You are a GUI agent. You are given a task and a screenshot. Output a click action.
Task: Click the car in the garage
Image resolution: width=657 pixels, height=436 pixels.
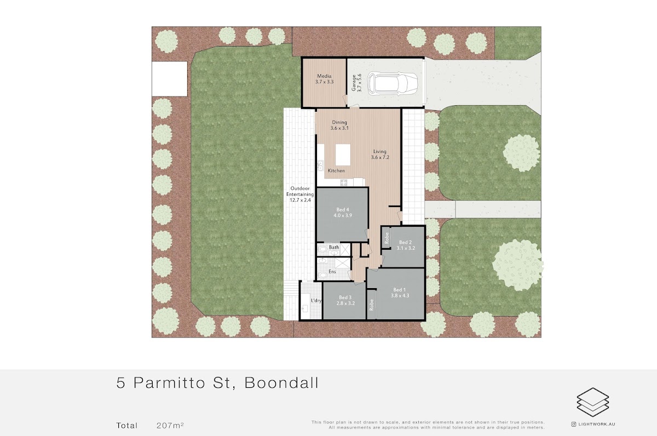pyautogui.click(x=393, y=84)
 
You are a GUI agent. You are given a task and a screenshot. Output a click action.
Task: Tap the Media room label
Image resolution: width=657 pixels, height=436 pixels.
pyautogui.click(x=324, y=79)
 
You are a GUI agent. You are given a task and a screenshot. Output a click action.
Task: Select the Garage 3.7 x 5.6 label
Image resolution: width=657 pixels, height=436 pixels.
pyautogui.click(x=356, y=83)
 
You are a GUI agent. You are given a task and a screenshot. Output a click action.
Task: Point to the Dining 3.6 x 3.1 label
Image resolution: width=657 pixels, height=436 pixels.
pyautogui.click(x=339, y=125)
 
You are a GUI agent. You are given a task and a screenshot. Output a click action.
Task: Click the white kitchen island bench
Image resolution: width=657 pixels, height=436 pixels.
pyautogui.click(x=343, y=155)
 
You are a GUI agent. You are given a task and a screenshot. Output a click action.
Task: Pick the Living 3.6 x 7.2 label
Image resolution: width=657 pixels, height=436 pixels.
pyautogui.click(x=380, y=154)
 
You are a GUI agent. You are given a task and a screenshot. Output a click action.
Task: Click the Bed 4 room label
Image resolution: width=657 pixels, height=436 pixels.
pyautogui.click(x=343, y=213)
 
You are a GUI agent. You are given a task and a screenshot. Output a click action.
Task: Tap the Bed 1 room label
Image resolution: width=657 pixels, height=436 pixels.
pyautogui.click(x=400, y=293)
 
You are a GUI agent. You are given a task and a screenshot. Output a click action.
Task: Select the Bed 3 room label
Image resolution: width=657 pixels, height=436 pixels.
pyautogui.click(x=345, y=301)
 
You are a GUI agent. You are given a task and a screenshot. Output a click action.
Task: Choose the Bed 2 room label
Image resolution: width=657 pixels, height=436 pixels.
pyautogui.click(x=406, y=245)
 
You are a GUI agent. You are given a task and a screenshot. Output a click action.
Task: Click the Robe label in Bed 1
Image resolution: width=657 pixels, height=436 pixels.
pyautogui.click(x=372, y=305)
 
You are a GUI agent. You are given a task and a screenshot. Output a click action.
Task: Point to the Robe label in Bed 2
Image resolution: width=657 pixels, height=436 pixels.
pyautogui.click(x=387, y=238)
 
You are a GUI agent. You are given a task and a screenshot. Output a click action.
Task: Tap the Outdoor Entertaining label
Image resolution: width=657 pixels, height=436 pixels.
pyautogui.click(x=300, y=194)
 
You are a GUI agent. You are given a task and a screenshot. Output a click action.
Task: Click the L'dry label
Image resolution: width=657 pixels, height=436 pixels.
pyautogui.click(x=316, y=301)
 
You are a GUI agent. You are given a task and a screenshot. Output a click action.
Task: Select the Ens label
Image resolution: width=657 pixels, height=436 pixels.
pyautogui.click(x=332, y=272)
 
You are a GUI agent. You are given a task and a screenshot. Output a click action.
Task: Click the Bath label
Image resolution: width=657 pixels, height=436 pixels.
pyautogui.click(x=334, y=248)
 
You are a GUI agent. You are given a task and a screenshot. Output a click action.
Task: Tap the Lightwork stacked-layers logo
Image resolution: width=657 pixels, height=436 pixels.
pyautogui.click(x=593, y=402)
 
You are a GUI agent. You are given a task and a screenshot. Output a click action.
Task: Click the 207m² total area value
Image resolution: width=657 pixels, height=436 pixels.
pyautogui.click(x=170, y=426)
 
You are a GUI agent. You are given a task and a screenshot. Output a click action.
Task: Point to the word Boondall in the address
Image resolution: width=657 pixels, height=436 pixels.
pyautogui.click(x=281, y=383)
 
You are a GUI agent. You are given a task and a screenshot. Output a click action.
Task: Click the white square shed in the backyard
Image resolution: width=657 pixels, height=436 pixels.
pyautogui.click(x=169, y=79)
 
